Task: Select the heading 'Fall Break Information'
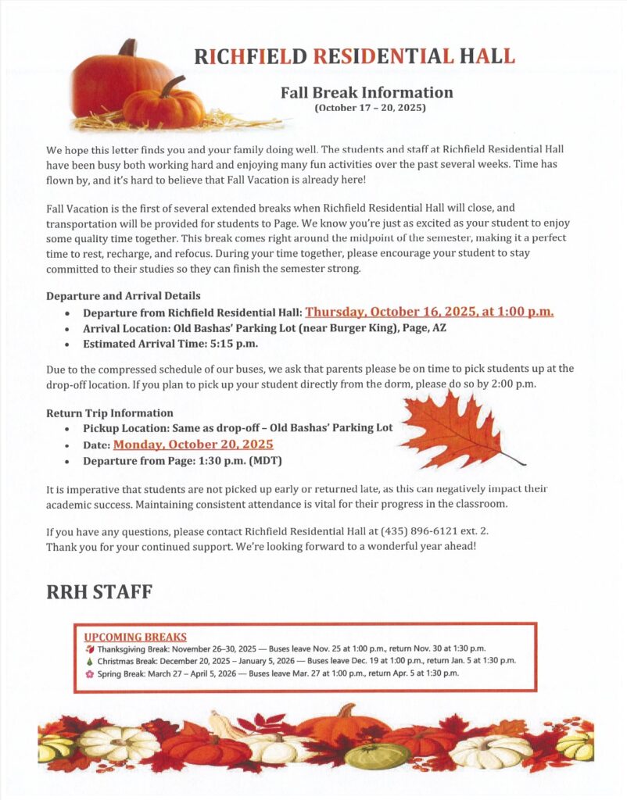367,92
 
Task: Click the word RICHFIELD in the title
250,56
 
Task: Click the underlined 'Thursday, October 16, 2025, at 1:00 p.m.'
429,312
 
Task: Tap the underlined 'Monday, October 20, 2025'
193,445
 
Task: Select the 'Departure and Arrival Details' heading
124,296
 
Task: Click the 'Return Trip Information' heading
109,412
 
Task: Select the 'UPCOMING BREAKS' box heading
135,637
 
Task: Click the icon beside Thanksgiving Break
89,648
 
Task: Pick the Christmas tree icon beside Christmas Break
89,661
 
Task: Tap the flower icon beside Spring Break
89,673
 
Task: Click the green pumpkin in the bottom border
378,755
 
